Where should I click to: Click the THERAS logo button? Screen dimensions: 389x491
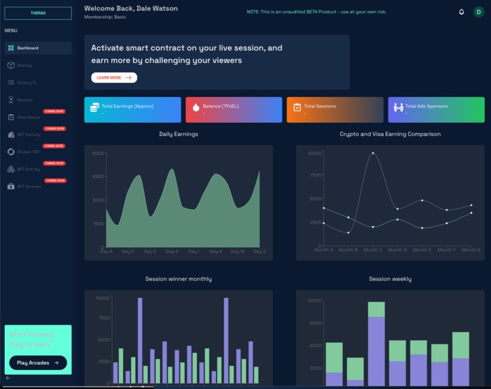click(x=38, y=13)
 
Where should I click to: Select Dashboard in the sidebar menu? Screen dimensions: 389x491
click(x=28, y=48)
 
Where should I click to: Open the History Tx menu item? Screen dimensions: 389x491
click(x=26, y=83)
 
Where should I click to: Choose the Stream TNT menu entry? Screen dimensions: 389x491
click(x=28, y=152)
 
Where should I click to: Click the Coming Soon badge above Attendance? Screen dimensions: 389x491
click(x=54, y=111)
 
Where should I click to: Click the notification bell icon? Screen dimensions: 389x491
click(x=462, y=12)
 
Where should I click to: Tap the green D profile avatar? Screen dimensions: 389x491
click(x=478, y=12)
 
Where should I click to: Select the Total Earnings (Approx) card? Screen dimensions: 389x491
click(x=132, y=109)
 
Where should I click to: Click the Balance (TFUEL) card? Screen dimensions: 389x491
click(x=233, y=109)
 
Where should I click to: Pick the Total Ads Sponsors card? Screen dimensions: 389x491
click(x=436, y=109)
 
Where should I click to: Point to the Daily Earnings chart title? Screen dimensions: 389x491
click(x=179, y=134)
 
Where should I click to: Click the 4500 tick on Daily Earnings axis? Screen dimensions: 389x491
click(x=98, y=177)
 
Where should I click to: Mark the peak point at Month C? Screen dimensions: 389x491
click(x=372, y=153)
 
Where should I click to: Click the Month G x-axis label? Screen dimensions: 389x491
click(x=471, y=251)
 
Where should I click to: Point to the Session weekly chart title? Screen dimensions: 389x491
click(x=390, y=279)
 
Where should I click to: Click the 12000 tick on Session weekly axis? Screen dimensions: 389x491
click(x=314, y=301)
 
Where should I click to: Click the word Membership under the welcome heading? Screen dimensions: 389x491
click(x=98, y=17)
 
